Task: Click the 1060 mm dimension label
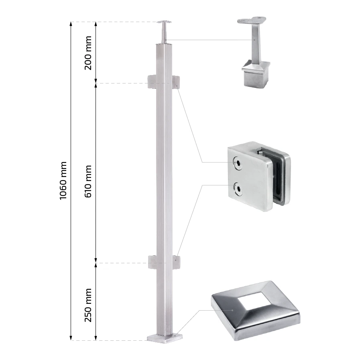[x=63, y=181]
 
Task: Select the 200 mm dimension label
[x=88, y=53]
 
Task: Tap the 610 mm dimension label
[x=88, y=181]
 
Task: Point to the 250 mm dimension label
[x=88, y=305]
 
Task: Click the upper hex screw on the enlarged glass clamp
[x=238, y=163]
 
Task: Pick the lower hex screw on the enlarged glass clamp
[x=238, y=189]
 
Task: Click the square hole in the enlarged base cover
[x=256, y=301]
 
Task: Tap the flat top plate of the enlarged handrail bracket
[x=252, y=20]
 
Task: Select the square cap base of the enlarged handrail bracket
[x=256, y=74]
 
